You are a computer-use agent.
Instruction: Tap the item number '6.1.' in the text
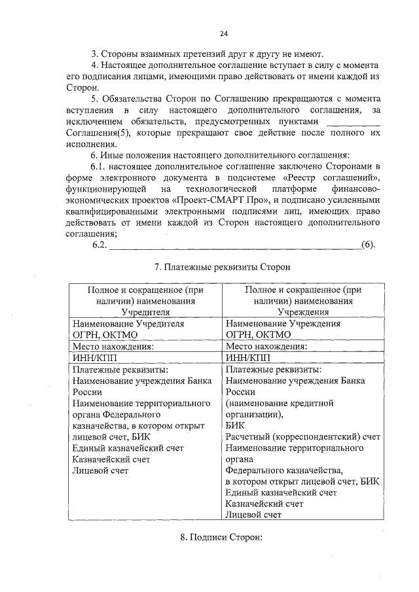tap(101, 166)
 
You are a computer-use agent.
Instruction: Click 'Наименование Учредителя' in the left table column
tap(128, 324)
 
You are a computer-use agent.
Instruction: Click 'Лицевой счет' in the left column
tap(100, 470)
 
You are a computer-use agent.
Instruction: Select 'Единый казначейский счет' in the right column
tap(281, 492)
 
